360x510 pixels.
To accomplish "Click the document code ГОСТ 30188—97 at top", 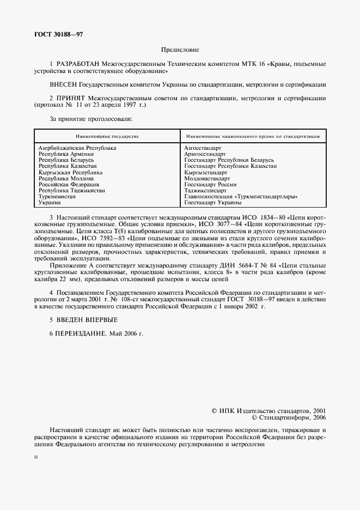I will [59, 34].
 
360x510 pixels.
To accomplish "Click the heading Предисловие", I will [180, 50].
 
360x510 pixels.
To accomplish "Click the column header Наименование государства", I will [107, 135].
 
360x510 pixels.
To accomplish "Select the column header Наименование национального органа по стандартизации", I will [252, 135].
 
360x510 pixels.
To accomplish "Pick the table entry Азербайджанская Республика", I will [77, 148].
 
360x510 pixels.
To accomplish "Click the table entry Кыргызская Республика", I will [70, 172].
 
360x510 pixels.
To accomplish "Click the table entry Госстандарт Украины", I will [213, 202].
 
